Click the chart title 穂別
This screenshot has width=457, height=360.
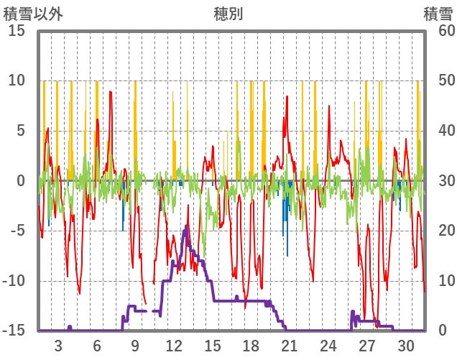pyautogui.click(x=228, y=14)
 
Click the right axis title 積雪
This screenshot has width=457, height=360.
pyautogui.click(x=438, y=14)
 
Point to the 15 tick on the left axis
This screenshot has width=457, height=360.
pyautogui.click(x=17, y=30)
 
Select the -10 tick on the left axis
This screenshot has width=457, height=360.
pyautogui.click(x=14, y=281)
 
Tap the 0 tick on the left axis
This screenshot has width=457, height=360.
pyautogui.click(x=21, y=180)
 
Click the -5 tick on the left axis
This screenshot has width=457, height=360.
pyautogui.click(x=17, y=231)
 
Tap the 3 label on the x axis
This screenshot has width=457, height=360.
pyautogui.click(x=58, y=345)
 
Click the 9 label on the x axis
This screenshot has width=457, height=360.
pyautogui.click(x=135, y=345)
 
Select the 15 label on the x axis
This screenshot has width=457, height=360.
pyautogui.click(x=213, y=345)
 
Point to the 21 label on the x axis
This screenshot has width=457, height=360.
pyautogui.click(x=290, y=345)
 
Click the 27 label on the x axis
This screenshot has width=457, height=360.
pyautogui.click(x=367, y=345)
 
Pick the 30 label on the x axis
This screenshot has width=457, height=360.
pyautogui.click(x=406, y=345)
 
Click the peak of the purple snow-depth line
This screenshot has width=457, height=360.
pyautogui.click(x=186, y=226)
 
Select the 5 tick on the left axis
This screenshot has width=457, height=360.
pyautogui.click(x=21, y=131)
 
